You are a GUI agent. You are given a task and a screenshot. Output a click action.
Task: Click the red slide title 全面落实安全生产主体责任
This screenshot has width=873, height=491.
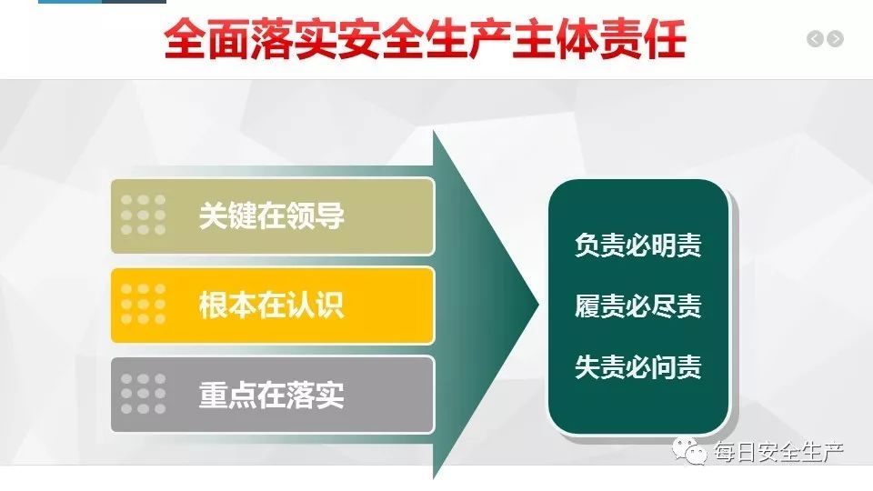[x=425, y=39]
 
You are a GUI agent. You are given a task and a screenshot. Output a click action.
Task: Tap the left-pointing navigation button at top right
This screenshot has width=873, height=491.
[x=815, y=38]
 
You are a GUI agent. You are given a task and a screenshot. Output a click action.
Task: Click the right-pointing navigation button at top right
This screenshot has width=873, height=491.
[x=835, y=38]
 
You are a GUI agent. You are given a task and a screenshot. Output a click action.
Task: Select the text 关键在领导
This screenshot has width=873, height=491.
[x=272, y=216]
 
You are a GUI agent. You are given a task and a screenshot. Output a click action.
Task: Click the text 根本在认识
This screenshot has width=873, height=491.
[x=272, y=306]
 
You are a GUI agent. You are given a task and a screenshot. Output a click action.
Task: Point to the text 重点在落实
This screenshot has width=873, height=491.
[x=272, y=395]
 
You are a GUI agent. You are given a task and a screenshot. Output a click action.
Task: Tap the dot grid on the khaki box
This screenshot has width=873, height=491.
[x=143, y=215]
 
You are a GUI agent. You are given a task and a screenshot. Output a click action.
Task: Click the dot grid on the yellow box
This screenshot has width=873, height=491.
[x=143, y=304]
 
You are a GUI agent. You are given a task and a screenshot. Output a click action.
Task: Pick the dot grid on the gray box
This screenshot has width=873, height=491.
[x=143, y=394]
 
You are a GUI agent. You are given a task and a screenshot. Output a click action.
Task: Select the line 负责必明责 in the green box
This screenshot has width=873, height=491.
[x=638, y=245]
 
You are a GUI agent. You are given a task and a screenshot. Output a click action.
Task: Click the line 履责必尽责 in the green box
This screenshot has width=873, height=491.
[x=638, y=306]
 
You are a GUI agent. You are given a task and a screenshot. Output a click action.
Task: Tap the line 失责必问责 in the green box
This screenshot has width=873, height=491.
[x=638, y=366]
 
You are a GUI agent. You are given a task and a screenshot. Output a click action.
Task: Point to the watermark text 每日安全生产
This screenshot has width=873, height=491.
[x=779, y=452]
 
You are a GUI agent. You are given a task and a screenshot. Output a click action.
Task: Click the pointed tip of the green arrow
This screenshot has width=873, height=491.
[x=539, y=304]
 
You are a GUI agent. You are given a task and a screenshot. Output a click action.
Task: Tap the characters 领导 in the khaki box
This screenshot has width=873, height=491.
[x=316, y=216]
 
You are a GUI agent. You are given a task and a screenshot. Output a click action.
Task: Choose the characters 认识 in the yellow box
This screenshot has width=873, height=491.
[x=316, y=306]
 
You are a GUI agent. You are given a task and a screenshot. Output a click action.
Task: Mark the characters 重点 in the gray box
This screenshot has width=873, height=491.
[x=227, y=395]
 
